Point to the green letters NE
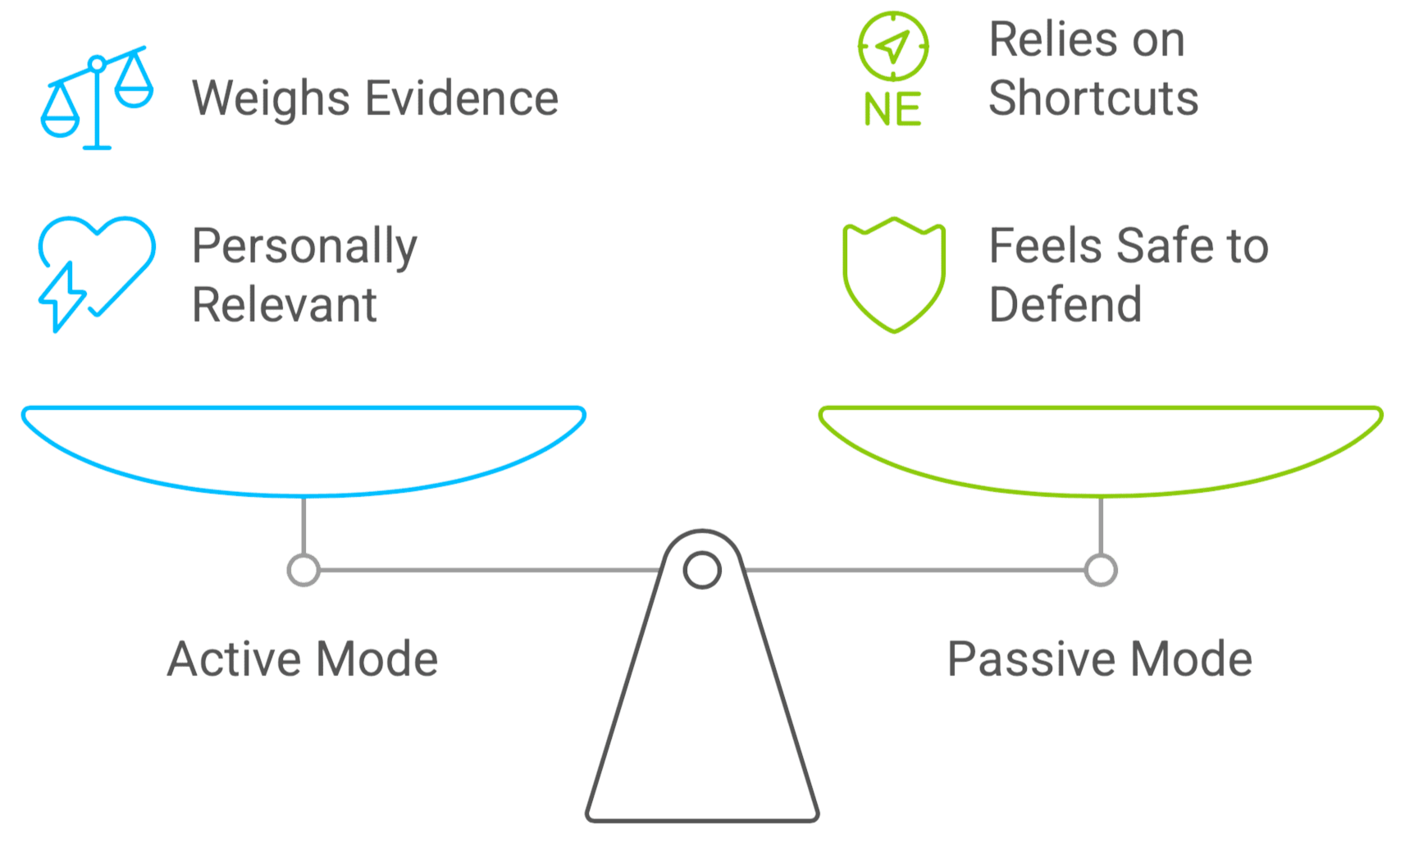pyautogui.click(x=893, y=110)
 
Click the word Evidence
pyautogui.click(x=461, y=98)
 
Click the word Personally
pyautogui.click(x=304, y=246)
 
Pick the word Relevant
pyautogui.click(x=285, y=304)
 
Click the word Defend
pyautogui.click(x=1065, y=304)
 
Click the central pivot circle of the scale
pyautogui.click(x=702, y=569)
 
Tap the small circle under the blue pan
pyautogui.click(x=303, y=570)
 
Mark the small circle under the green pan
pyautogui.click(x=1101, y=570)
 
